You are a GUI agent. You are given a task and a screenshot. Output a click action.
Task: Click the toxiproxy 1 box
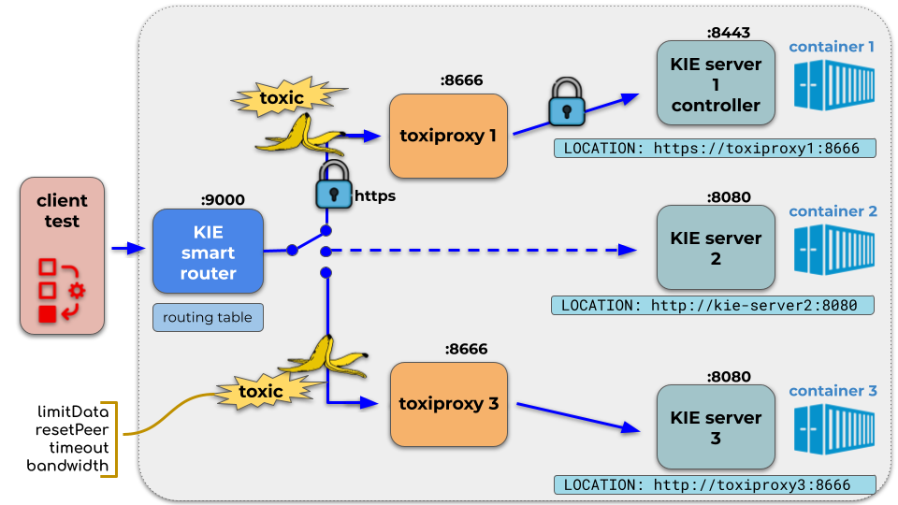coord(447,137)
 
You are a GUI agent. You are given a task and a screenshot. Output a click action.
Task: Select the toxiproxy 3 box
coord(447,405)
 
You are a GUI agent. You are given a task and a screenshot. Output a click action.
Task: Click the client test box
coord(62,258)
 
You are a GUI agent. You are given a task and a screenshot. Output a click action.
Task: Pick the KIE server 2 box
coord(716,248)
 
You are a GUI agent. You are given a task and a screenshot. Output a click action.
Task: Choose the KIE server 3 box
coord(716,427)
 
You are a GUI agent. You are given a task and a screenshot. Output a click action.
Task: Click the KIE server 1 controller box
coord(716,84)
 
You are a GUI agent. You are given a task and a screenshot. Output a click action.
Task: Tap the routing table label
coord(208,318)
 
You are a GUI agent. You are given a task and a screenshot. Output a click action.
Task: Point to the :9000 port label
coord(223,199)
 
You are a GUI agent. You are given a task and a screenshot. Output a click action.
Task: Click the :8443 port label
coord(729,33)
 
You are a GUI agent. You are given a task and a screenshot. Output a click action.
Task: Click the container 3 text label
coord(833,390)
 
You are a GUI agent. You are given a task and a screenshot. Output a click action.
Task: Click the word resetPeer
coord(74,431)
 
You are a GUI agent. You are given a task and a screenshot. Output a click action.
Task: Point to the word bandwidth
coord(68,466)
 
